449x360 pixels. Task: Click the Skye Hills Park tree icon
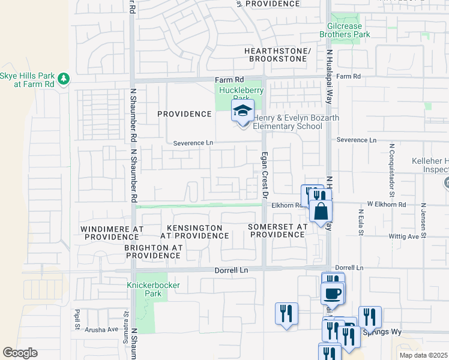(x=62, y=79)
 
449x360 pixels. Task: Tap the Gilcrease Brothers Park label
(x=357, y=31)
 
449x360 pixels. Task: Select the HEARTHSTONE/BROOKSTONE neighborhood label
(x=277, y=56)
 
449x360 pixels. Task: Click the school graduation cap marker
(x=243, y=112)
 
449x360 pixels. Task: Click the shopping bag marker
(x=321, y=211)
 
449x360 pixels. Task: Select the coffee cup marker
(x=332, y=294)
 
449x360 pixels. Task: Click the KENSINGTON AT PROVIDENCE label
(x=186, y=232)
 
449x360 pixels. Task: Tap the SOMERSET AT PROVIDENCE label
(x=277, y=230)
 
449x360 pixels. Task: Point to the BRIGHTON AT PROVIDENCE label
(x=153, y=251)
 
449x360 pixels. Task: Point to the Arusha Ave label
(x=103, y=329)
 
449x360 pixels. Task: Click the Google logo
(x=20, y=353)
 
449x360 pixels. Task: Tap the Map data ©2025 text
(x=423, y=355)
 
